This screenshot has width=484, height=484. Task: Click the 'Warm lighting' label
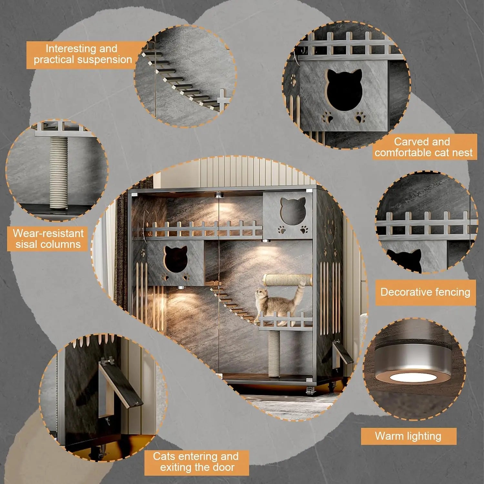click(408, 436)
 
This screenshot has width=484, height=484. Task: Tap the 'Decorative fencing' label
click(425, 292)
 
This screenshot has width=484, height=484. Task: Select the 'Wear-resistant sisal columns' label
click(48, 239)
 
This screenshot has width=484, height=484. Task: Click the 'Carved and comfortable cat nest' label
click(423, 147)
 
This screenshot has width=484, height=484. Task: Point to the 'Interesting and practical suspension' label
click(83, 54)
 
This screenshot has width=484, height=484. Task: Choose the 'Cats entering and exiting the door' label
click(197, 462)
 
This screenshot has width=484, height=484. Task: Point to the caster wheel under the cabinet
click(310, 391)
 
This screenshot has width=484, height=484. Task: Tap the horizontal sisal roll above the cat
click(288, 279)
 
